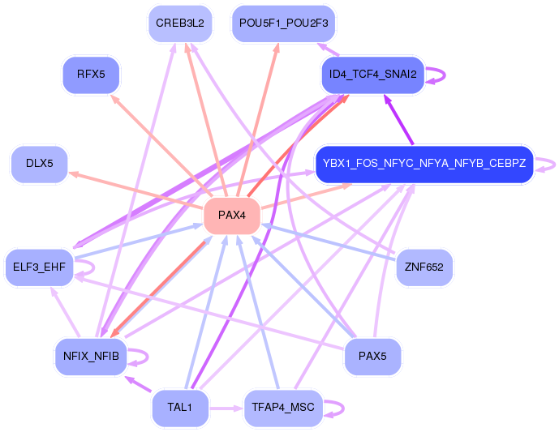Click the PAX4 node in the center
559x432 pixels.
[x=232, y=216]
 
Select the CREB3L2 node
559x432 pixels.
[x=180, y=24]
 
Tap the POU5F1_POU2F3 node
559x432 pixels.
[x=283, y=24]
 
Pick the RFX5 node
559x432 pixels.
[x=91, y=75]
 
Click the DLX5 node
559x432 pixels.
[x=40, y=164]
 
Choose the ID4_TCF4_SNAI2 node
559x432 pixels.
[x=373, y=75]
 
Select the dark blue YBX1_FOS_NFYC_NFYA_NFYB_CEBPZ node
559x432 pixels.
[x=424, y=164]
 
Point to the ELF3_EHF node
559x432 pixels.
[x=39, y=267]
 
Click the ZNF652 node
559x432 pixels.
[x=424, y=267]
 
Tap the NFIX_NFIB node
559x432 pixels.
[x=91, y=357]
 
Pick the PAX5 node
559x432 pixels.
[x=372, y=357]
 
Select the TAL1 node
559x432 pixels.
[x=180, y=408]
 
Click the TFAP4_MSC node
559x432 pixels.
[x=283, y=408]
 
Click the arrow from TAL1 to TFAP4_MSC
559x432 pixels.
[x=226, y=408]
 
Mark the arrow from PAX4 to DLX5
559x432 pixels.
[x=135, y=190]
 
